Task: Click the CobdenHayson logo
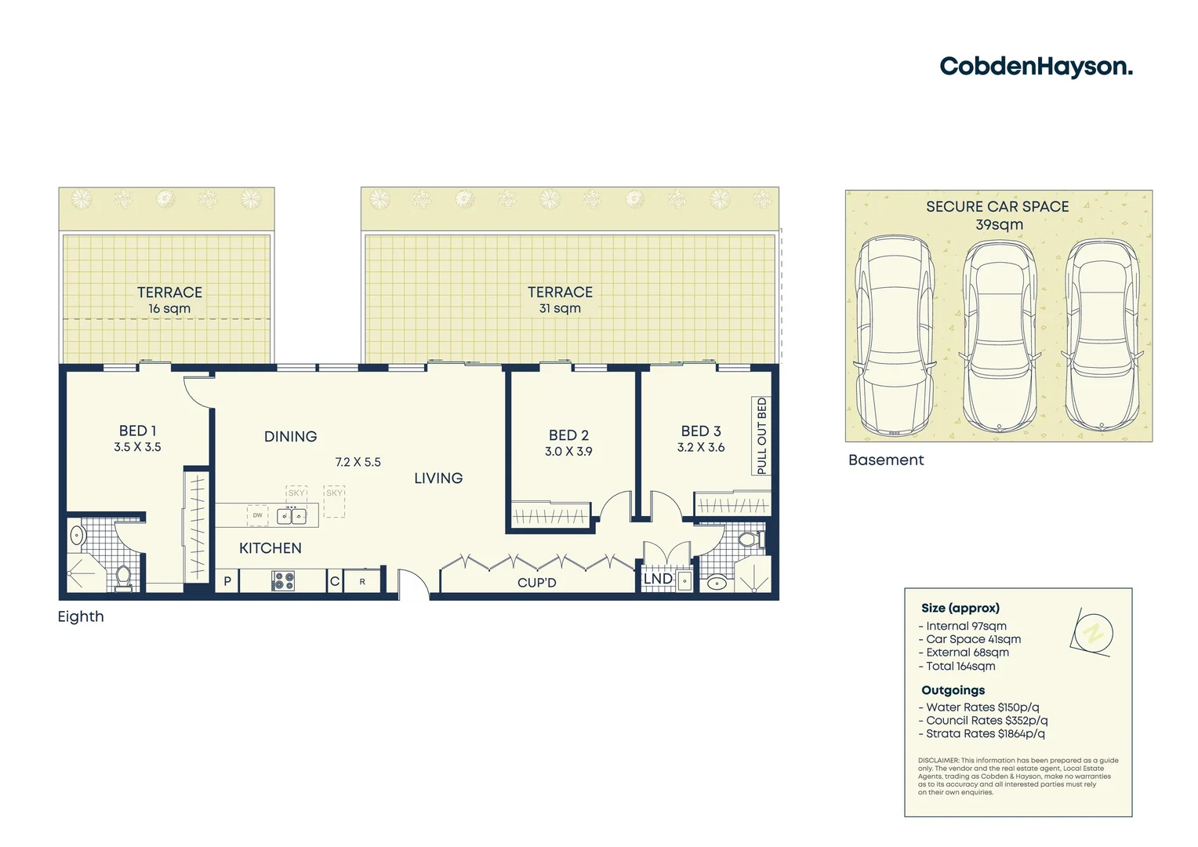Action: (1036, 67)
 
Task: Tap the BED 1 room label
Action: (137, 431)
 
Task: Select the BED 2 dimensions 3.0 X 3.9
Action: (568, 452)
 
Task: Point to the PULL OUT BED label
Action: (761, 435)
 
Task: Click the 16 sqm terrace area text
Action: (169, 309)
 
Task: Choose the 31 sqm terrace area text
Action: (560, 308)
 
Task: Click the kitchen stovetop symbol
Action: (283, 581)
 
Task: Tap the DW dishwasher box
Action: (257, 515)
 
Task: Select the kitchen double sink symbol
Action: (292, 516)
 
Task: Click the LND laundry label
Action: (658, 579)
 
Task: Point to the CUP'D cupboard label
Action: (537, 583)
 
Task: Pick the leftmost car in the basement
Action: (895, 336)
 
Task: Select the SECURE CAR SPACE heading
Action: (997, 207)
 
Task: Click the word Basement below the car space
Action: (886, 460)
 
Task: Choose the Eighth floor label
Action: (81, 616)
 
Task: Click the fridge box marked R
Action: (362, 582)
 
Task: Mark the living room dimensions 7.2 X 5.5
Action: (358, 463)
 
